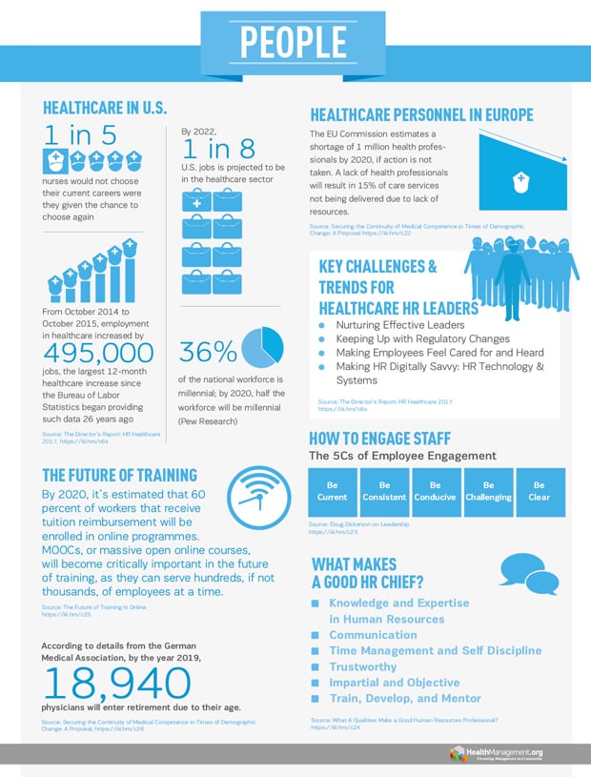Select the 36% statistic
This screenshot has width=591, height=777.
207,351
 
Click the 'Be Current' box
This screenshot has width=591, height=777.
332,491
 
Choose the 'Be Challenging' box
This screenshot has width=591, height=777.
488,491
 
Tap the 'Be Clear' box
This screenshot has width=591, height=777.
540,491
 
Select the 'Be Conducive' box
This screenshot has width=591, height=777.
436,491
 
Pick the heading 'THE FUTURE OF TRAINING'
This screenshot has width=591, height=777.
120,475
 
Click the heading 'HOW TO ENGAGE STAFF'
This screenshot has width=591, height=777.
393,439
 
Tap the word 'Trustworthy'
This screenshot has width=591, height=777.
362,666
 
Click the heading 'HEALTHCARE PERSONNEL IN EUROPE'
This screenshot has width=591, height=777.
421,114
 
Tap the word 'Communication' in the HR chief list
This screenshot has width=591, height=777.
373,635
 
